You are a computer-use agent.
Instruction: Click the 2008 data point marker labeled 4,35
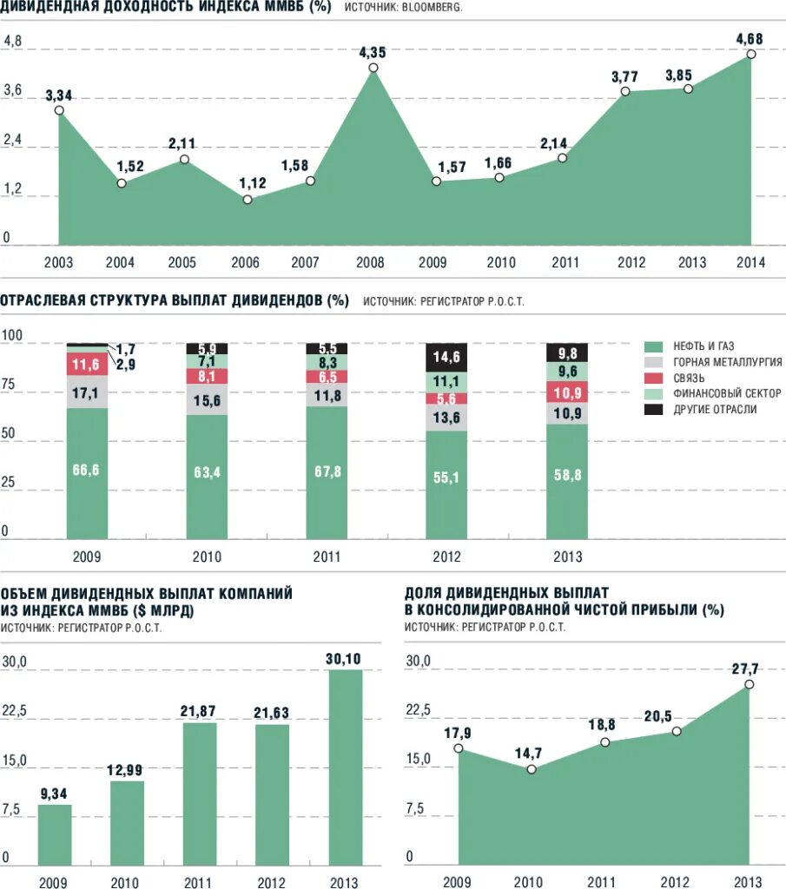(373, 68)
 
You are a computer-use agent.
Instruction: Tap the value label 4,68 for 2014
(750, 38)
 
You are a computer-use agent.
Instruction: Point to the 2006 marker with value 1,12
(248, 200)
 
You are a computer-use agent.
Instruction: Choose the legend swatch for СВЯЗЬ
(655, 378)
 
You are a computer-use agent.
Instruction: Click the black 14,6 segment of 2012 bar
(446, 357)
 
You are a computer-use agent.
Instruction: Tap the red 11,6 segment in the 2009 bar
(86, 364)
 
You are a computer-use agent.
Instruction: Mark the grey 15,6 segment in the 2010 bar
(207, 399)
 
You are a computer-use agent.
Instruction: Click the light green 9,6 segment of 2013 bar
(566, 371)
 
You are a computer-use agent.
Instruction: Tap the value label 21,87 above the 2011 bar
(199, 711)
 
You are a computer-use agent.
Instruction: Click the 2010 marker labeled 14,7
(532, 769)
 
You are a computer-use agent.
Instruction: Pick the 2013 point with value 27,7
(750, 684)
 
